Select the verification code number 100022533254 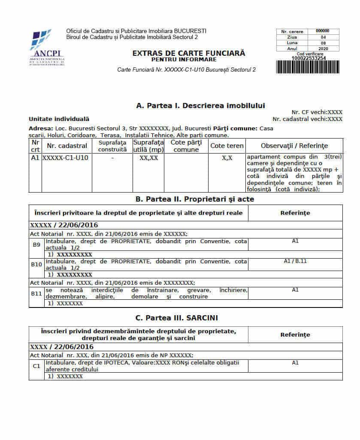click(308, 58)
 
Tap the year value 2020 click(323, 49)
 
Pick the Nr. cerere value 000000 click(323, 31)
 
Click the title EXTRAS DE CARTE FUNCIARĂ click(189, 53)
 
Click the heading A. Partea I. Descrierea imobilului click(200, 105)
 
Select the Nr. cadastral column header click(67, 146)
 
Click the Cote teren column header click(227, 146)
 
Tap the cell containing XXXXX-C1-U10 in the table click(67, 158)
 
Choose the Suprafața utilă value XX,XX click(148, 158)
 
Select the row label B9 click(36, 244)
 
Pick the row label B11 click(36, 294)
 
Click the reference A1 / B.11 click(295, 261)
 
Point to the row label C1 click(36, 366)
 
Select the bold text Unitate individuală click(59, 119)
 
